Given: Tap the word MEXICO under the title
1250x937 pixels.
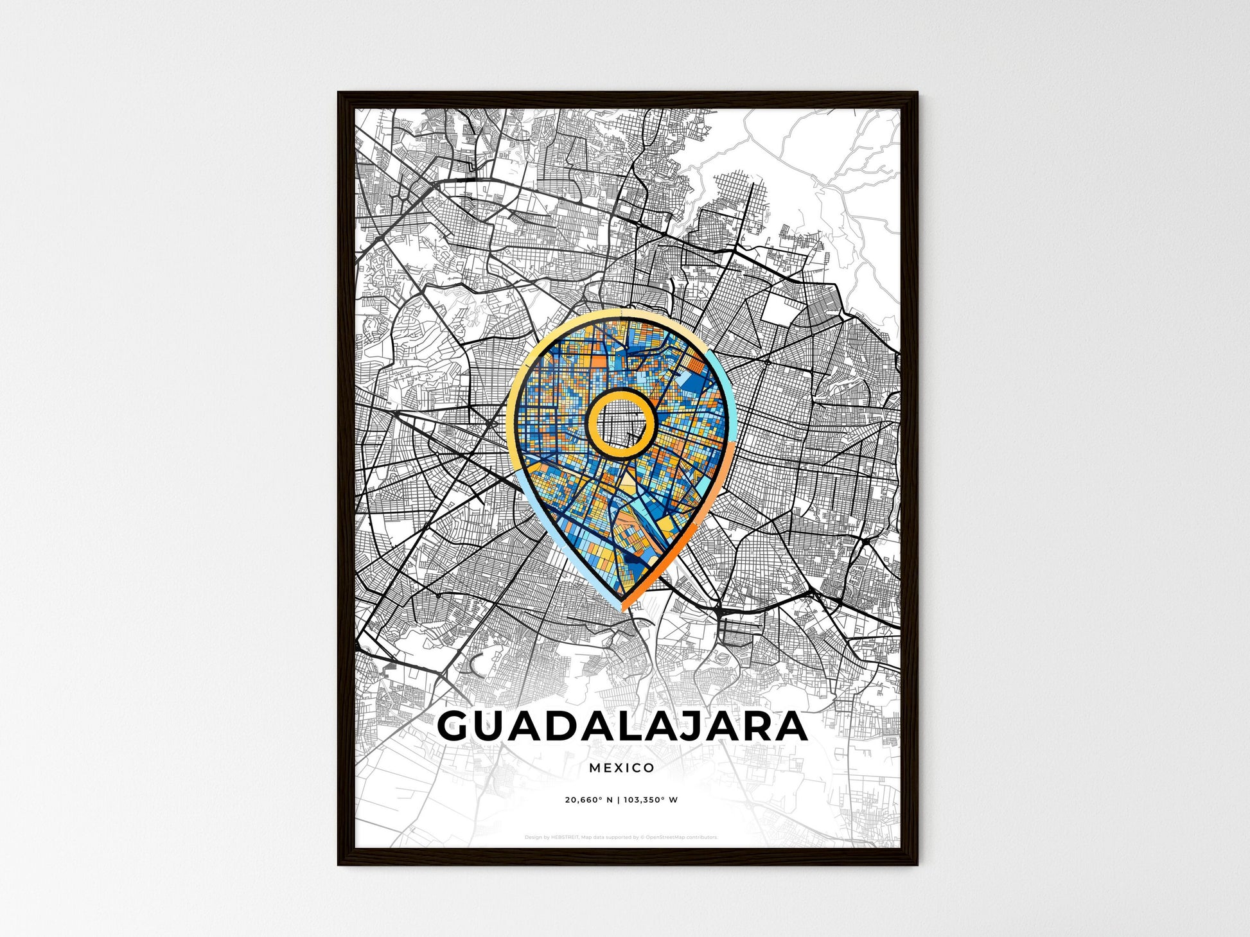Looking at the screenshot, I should click(621, 767).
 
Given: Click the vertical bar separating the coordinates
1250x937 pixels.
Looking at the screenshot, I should click(620, 800).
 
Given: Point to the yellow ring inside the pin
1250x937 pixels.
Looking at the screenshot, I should click(591, 424).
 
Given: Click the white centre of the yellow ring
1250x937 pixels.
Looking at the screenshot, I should click(621, 423).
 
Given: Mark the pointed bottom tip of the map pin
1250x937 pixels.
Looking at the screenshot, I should click(622, 609).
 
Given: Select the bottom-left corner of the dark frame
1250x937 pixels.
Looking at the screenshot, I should click(339, 864).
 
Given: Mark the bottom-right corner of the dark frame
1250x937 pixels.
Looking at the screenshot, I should click(917, 864).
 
